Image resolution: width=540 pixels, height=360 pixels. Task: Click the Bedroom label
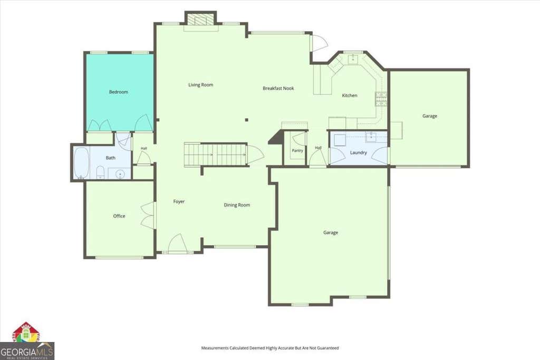pos(119,92)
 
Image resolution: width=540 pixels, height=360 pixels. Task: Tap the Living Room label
pos(201,85)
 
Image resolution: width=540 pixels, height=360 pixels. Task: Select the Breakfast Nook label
pos(278,88)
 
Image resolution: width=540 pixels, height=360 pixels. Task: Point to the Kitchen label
pos(350,95)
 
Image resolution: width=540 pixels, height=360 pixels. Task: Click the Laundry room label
pos(359,152)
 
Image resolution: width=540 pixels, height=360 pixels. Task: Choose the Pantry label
pos(297,150)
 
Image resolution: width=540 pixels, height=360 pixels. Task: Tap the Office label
pos(119,216)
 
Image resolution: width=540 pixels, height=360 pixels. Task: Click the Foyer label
pos(179,201)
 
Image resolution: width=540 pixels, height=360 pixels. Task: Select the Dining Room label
pos(237,205)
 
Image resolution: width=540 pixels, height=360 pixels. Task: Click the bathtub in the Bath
pos(82,163)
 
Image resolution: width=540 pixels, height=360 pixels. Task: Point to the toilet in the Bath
pos(100,172)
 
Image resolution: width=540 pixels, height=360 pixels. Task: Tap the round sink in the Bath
pos(120,174)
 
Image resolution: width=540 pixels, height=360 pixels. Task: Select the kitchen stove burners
pos(381,99)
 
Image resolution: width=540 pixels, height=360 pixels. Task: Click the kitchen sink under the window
pos(353,59)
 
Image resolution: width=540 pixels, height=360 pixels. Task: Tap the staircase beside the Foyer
pos(216,155)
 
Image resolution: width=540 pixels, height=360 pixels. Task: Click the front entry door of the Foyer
pos(177,244)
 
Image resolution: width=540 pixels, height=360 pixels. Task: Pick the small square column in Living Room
pos(247,120)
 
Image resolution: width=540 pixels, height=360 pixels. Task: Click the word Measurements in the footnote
pos(215,348)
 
